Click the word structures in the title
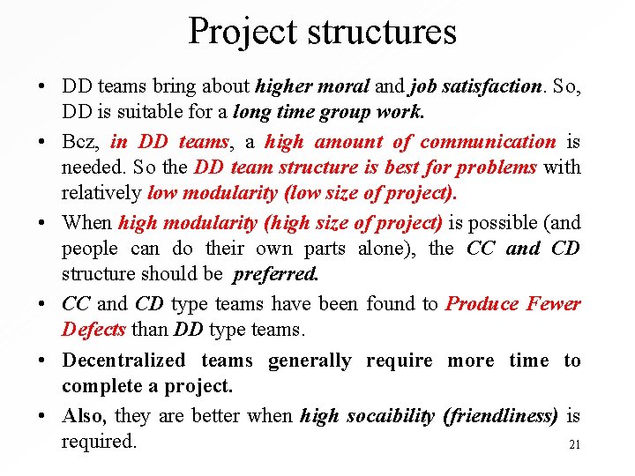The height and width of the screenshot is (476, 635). coord(382,32)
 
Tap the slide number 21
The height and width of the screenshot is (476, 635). coord(574,445)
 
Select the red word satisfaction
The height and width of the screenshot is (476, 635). coord(497,86)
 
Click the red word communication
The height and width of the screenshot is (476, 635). coord(488,142)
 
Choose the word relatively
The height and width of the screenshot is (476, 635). coord(101,193)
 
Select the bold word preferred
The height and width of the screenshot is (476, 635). coord(275,274)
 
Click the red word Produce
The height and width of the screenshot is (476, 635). coord(482,304)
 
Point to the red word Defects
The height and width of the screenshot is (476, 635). coord(94,330)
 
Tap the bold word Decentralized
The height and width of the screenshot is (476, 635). coord(123,361)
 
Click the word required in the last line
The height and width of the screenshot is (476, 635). coord(99,441)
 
